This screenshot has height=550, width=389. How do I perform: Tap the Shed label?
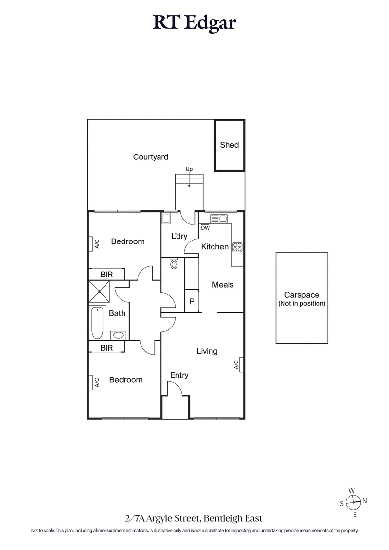[230, 145]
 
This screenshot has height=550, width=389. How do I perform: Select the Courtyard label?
[151, 157]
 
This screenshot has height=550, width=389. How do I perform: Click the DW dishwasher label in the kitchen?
[205, 227]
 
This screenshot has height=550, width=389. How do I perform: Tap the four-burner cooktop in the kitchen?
[238, 247]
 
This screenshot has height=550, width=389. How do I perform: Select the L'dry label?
[179, 237]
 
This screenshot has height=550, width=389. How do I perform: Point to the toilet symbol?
[175, 264]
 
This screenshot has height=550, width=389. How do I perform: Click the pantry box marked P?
[192, 301]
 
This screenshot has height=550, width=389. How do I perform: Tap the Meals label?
[223, 285]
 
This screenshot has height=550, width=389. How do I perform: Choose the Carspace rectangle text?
[301, 299]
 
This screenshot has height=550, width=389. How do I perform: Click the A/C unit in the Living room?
[238, 364]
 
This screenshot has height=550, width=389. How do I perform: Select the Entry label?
[179, 375]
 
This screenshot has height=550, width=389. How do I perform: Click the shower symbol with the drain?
[99, 292]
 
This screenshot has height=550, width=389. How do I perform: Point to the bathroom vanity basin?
[118, 335]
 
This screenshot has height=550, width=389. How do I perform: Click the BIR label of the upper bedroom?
[106, 275]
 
